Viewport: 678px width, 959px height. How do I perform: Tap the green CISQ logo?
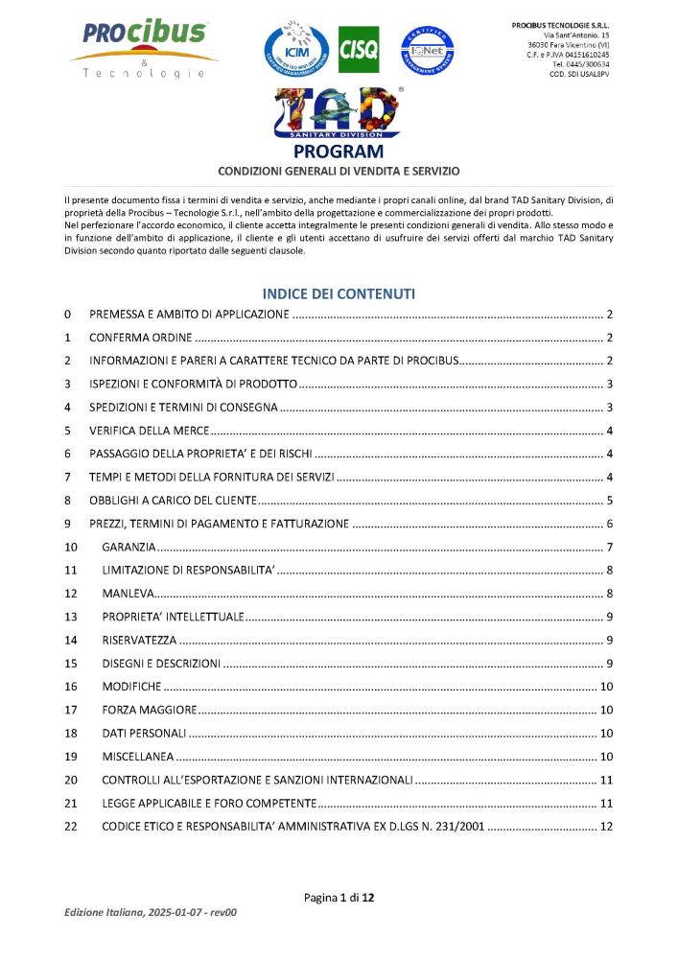tap(359, 50)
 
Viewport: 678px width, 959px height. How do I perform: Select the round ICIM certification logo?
tap(293, 49)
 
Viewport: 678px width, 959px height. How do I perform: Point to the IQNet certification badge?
tap(427, 50)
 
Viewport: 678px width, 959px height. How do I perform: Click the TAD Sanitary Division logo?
tap(338, 113)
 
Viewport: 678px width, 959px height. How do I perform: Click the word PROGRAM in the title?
tap(338, 152)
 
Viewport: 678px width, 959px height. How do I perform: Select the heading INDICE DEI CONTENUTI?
tap(339, 293)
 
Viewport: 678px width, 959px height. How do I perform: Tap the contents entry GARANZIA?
tap(129, 548)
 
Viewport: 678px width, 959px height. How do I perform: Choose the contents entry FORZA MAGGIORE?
tap(150, 710)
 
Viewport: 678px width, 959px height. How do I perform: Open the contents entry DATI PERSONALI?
tap(143, 733)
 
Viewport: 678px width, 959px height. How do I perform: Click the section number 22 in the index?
tap(70, 826)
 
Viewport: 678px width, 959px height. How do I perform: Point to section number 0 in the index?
tap(67, 316)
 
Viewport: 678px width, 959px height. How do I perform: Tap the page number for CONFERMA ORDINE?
tap(609, 339)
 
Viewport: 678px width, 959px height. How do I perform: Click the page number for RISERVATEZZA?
tap(609, 641)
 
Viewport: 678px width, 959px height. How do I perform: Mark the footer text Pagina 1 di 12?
tap(339, 898)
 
